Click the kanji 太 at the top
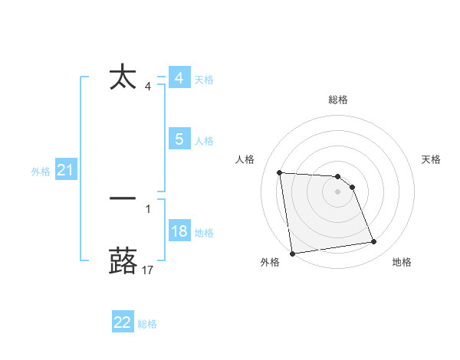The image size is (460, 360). click(123, 78)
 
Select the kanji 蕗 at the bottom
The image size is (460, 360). click(123, 260)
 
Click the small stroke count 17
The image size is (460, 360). click(148, 270)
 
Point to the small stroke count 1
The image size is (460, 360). click(148, 208)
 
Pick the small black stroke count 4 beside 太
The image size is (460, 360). click(148, 87)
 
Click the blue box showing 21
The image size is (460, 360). click(65, 171)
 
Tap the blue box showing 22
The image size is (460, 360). click(123, 323)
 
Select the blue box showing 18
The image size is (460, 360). click(179, 232)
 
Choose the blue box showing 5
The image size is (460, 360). click(179, 139)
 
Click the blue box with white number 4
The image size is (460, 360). click(179, 78)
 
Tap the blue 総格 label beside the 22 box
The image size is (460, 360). click(147, 324)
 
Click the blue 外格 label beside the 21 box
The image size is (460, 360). click(41, 172)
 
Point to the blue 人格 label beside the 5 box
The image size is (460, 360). click(204, 141)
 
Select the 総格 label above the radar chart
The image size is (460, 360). click(338, 100)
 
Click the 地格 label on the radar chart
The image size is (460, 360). click(402, 262)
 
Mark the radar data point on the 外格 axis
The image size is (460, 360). click(292, 253)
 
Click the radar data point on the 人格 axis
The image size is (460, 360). click(280, 172)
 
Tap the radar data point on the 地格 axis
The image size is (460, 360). click(374, 242)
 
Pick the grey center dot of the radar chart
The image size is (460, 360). click(338, 192)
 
